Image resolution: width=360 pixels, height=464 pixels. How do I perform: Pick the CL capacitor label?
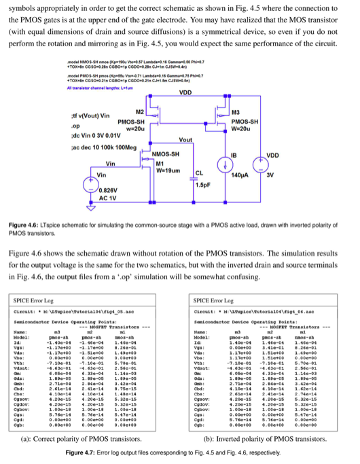click(x=200, y=172)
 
